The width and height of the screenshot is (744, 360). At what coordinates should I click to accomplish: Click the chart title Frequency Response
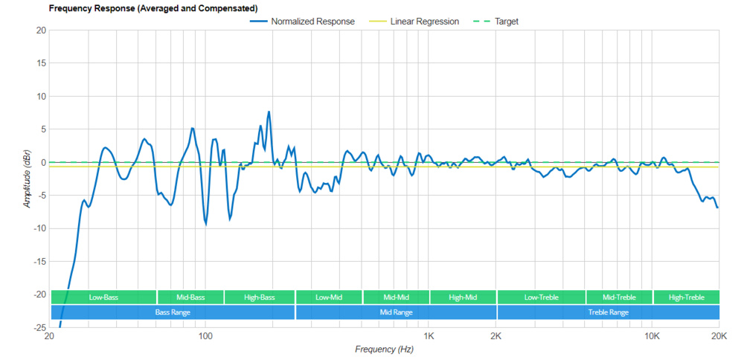(x=153, y=9)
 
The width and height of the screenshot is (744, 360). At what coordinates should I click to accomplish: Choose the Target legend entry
(x=506, y=22)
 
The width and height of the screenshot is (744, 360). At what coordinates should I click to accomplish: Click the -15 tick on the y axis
(x=39, y=262)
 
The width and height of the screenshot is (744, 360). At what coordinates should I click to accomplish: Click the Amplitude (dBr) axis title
(x=28, y=179)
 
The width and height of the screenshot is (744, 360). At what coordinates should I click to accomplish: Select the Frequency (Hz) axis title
(x=385, y=349)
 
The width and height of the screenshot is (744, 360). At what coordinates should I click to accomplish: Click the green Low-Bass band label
(x=103, y=298)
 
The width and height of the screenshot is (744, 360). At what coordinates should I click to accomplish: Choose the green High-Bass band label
(x=260, y=298)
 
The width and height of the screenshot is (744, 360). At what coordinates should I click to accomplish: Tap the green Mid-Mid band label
(x=396, y=298)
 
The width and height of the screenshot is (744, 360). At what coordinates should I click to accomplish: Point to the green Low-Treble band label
(x=541, y=298)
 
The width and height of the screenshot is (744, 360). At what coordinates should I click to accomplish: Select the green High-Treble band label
(x=686, y=298)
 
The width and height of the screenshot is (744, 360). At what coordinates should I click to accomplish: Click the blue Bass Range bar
(x=173, y=312)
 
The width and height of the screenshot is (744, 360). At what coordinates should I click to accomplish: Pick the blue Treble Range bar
(x=608, y=312)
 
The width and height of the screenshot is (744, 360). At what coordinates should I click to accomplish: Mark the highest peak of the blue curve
(x=269, y=112)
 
